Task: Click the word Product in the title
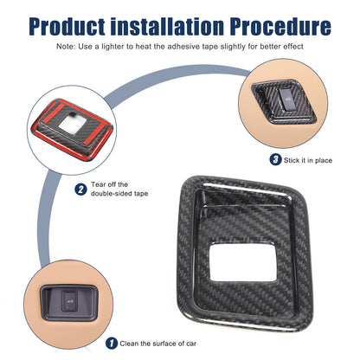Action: (x=67, y=27)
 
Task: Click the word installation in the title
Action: (x=167, y=27)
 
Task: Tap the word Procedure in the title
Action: (x=280, y=27)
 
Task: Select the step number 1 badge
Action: (x=112, y=344)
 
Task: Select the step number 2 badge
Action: (x=80, y=190)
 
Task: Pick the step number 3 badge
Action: (x=275, y=159)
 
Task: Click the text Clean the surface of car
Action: (x=158, y=344)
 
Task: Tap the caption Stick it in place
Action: (x=308, y=160)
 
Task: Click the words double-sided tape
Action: (x=119, y=193)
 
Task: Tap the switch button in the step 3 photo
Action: (x=286, y=100)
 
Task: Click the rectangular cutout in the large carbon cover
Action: (x=244, y=262)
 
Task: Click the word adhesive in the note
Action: (x=183, y=47)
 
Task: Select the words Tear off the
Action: (x=109, y=184)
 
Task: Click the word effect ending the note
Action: (x=293, y=47)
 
